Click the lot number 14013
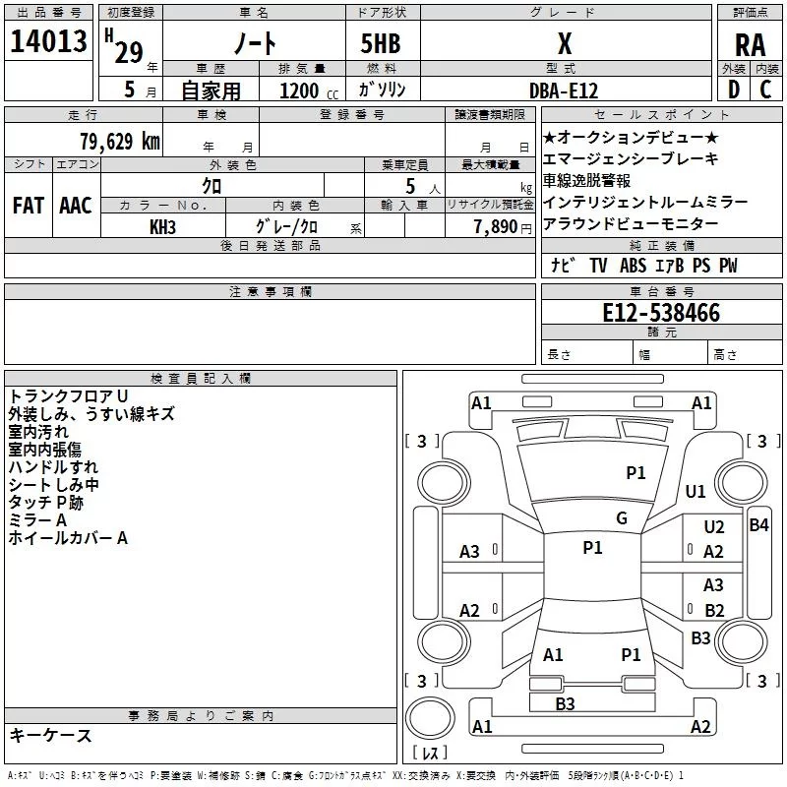(x=48, y=41)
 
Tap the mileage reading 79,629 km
(x=120, y=141)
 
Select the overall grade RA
(x=750, y=45)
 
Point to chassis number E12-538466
(x=661, y=313)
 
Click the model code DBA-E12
(x=564, y=91)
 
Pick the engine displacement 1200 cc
(x=309, y=91)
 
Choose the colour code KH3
(x=162, y=227)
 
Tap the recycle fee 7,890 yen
(x=503, y=227)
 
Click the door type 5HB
(x=381, y=43)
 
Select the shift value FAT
(x=29, y=206)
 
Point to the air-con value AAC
(x=76, y=206)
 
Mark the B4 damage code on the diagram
(x=758, y=525)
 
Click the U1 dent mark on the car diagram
(x=696, y=491)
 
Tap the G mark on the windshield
(x=622, y=518)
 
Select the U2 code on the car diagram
(x=714, y=527)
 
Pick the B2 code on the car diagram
(x=714, y=610)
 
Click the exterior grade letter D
(x=734, y=90)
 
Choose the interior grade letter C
(x=765, y=90)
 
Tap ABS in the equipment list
(x=633, y=266)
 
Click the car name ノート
(x=255, y=43)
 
